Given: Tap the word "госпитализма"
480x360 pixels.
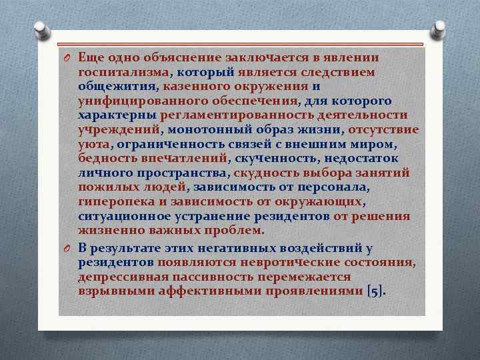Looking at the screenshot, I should click(x=123, y=72).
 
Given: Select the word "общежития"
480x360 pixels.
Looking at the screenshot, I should click(x=117, y=86).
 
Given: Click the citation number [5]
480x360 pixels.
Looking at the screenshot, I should click(x=375, y=291).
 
